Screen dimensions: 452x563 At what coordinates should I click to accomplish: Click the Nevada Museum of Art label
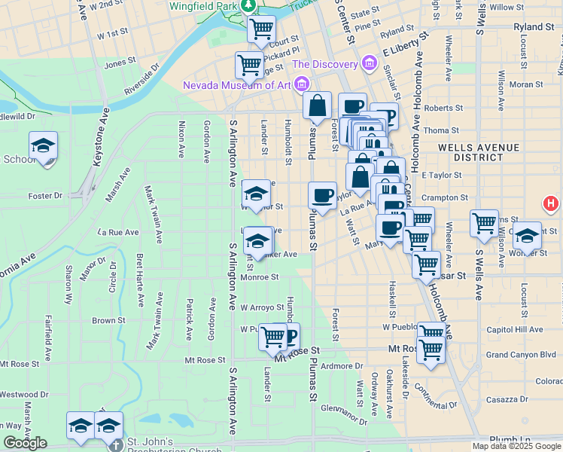[236, 84]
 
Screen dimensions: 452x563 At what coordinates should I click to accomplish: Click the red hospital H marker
[552, 203]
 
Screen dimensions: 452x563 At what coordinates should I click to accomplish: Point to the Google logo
[25, 443]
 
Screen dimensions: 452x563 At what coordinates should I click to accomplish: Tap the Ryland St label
[534, 26]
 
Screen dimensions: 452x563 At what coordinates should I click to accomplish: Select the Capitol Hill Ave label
[515, 330]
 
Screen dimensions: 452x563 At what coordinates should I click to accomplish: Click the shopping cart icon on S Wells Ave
[484, 223]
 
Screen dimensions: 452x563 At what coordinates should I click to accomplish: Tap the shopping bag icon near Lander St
[317, 107]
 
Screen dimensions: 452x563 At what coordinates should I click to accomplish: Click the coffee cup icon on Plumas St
[322, 196]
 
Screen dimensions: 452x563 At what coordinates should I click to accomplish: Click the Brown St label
[108, 320]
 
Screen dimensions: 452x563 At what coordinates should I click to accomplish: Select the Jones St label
[120, 63]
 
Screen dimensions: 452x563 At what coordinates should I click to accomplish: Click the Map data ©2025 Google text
[516, 446]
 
